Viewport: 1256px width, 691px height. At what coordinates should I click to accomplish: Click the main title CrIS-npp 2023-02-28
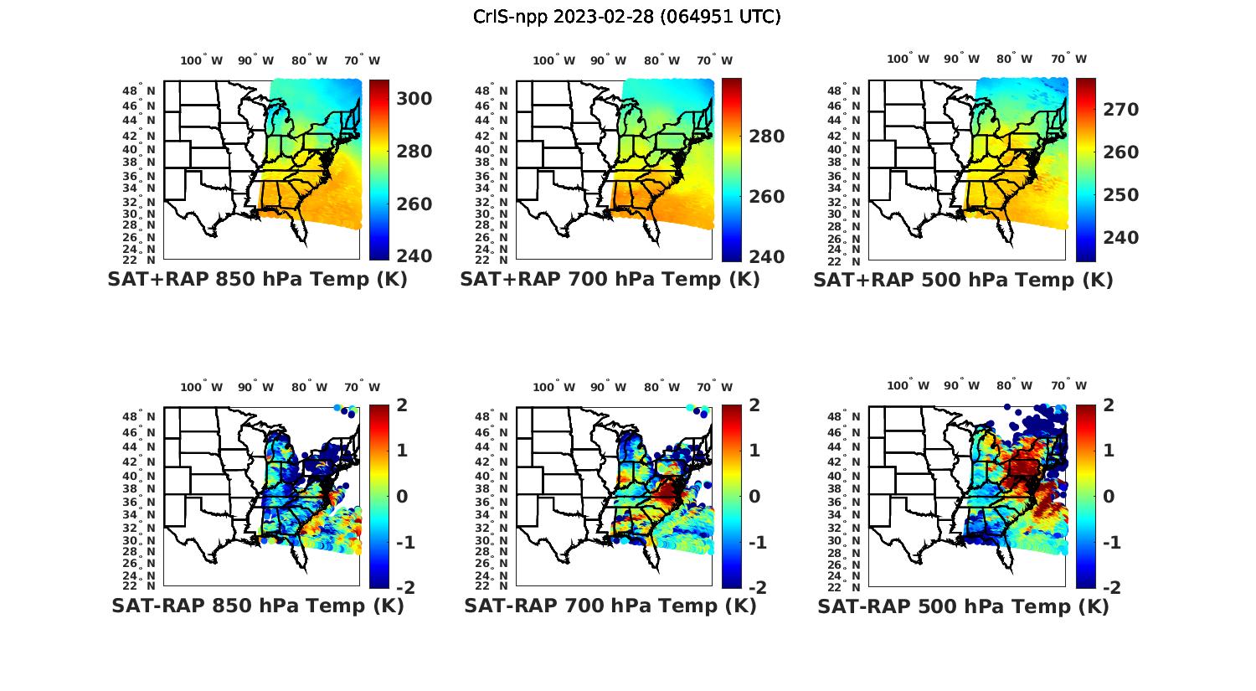[x=626, y=16]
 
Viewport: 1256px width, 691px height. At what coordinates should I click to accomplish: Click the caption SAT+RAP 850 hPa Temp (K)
[x=257, y=279]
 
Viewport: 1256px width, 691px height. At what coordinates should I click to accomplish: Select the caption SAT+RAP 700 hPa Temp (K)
[x=610, y=279]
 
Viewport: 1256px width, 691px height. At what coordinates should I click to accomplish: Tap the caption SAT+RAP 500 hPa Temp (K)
[x=963, y=280]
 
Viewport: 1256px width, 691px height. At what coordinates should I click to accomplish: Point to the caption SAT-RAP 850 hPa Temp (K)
[x=257, y=606]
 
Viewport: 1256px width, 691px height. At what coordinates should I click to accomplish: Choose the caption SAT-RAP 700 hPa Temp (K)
[x=610, y=606]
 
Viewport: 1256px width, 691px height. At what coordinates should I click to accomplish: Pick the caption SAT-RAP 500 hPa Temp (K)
[x=963, y=606]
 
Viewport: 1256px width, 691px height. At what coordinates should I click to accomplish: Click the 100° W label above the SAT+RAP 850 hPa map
[x=202, y=60]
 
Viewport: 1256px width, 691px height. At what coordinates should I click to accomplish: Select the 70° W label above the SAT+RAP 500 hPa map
[x=1069, y=59]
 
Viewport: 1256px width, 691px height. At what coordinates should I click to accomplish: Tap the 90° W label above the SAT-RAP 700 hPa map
[x=608, y=387]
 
